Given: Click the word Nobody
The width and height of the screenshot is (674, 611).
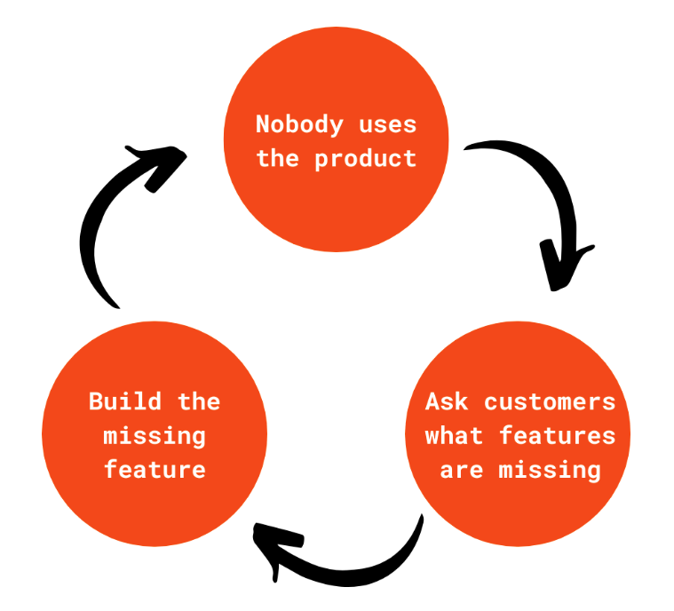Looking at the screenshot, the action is point(299,125).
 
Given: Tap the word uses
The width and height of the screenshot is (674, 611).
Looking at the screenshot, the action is point(388,125).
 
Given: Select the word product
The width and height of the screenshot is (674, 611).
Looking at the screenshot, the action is point(366,159).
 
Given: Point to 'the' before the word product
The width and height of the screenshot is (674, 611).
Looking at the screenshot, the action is point(278,158).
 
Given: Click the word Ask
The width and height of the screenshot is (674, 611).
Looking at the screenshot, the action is point(447,402).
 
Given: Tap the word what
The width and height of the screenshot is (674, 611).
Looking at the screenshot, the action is point(454,435).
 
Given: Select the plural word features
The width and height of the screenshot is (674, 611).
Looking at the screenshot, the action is point(558,435).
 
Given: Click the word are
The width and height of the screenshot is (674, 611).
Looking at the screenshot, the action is point(461,471).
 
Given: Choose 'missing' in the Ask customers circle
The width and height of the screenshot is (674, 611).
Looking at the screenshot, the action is point(550,471).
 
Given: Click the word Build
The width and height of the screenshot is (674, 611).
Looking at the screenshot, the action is point(125,401).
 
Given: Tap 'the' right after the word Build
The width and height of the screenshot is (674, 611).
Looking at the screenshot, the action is point(199,401).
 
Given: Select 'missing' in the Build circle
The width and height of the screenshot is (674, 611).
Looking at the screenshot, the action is point(155,436).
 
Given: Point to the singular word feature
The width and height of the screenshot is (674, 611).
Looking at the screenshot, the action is point(155,469).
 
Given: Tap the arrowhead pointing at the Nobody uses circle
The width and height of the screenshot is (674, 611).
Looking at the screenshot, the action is point(163,165).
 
